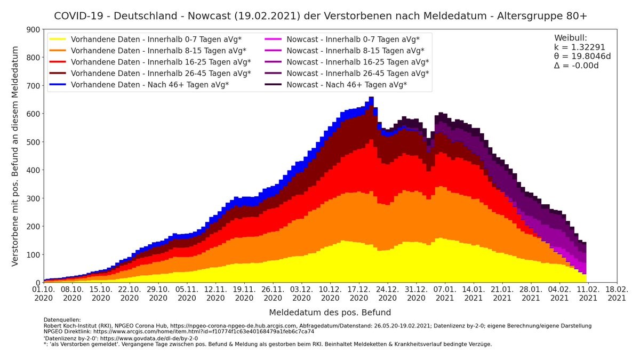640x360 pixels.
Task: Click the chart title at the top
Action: pyautogui.click(x=321, y=15)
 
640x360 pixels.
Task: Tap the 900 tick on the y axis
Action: pyautogui.click(x=34, y=30)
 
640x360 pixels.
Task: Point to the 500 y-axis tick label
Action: pyautogui.click(x=34, y=142)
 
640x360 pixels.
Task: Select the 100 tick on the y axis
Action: pyautogui.click(x=34, y=255)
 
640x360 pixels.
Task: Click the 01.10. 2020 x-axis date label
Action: pyautogui.click(x=43, y=293)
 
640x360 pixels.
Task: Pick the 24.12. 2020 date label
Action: pyautogui.click(x=388, y=293)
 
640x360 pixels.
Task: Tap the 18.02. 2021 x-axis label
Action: pyautogui.click(x=617, y=293)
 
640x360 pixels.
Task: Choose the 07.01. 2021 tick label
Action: pyautogui.click(x=445, y=293)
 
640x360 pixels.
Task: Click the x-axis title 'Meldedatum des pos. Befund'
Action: pyautogui.click(x=330, y=313)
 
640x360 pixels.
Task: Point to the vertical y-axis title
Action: pyautogui.click(x=15, y=156)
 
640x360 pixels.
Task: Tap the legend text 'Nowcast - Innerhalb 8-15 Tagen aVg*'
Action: pyautogui.click(x=355, y=51)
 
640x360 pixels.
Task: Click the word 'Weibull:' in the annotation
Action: pyautogui.click(x=571, y=38)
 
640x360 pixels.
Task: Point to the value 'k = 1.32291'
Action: pyautogui.click(x=579, y=47)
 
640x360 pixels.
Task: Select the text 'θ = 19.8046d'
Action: pyautogui.click(x=582, y=56)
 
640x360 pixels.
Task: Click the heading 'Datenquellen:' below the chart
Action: pyautogui.click(x=62, y=320)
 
